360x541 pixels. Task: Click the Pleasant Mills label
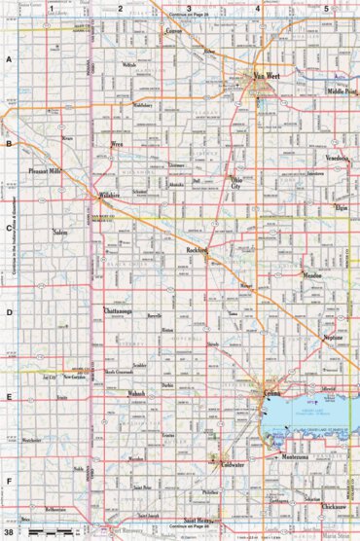tap(45, 169)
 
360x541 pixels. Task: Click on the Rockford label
tap(198, 250)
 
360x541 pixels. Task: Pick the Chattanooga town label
tap(111, 310)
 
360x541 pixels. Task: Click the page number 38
tap(8, 532)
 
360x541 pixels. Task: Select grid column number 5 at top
tap(326, 8)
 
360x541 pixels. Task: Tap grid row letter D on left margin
tap(8, 313)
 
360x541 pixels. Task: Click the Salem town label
tap(59, 234)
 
